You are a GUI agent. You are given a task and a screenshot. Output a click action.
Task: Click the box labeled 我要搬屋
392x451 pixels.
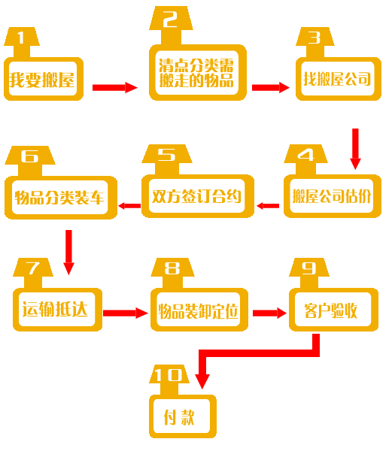(x=44, y=79)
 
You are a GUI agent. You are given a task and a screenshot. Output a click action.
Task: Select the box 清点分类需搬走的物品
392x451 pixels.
(x=198, y=72)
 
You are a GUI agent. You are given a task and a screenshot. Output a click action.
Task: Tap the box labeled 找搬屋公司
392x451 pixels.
(x=339, y=79)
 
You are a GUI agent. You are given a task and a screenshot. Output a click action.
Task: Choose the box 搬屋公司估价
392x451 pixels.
(x=333, y=196)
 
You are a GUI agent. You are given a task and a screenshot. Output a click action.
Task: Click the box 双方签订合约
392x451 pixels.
(x=198, y=196)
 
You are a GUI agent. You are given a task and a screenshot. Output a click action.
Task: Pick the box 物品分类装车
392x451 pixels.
(x=61, y=197)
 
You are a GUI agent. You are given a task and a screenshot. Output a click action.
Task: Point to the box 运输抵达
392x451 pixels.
(x=58, y=310)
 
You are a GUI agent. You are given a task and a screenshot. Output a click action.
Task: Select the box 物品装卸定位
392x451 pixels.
(x=199, y=310)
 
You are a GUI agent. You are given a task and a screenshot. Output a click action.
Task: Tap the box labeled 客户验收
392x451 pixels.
(x=333, y=310)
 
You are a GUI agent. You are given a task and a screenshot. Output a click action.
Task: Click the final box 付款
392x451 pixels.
(x=183, y=416)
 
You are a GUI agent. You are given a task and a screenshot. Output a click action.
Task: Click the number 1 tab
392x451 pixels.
(x=22, y=42)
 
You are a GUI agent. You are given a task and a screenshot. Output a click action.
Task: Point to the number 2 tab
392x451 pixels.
(x=171, y=26)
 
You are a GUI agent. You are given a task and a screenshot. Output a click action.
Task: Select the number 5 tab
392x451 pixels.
(x=167, y=159)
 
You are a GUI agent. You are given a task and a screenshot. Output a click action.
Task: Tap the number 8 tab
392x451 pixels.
(x=173, y=273)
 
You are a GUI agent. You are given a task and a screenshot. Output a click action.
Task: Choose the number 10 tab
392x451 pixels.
(x=169, y=380)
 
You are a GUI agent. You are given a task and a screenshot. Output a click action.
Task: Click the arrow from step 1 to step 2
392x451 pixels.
(x=115, y=87)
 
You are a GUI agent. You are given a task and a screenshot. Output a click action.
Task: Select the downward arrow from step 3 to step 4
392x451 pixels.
(x=355, y=149)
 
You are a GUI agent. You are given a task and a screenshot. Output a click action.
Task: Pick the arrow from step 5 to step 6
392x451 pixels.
(x=129, y=206)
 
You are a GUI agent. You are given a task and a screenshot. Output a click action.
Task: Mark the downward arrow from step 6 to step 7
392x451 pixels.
(x=68, y=253)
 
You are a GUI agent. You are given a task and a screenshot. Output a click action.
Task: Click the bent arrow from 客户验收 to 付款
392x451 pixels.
(x=259, y=353)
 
